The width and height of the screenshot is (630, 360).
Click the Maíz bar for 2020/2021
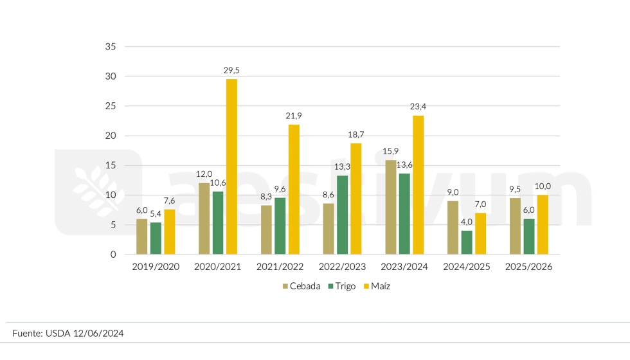pos(231,166)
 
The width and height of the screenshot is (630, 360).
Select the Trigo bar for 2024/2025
pos(467,242)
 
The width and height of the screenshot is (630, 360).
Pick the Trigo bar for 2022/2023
pos(342,215)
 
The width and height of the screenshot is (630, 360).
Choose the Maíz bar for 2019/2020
pos(169,231)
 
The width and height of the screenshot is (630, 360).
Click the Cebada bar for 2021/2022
pos(266,230)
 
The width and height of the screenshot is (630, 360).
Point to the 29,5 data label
pos(231,70)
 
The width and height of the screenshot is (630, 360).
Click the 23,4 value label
pos(418,107)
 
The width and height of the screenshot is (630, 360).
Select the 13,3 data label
pos(342,166)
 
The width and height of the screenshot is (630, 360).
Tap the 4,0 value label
pos(467,222)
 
